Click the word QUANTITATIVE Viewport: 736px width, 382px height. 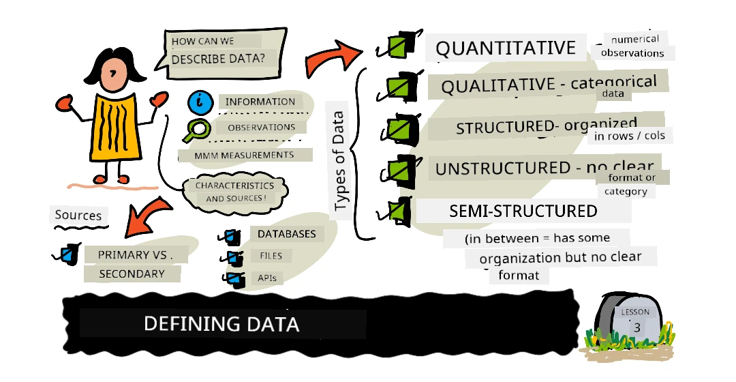click(506, 48)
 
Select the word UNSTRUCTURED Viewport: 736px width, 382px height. click(503, 168)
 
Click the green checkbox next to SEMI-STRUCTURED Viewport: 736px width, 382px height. click(397, 210)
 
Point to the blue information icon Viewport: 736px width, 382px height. click(201, 102)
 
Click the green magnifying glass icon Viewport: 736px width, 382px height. click(196, 130)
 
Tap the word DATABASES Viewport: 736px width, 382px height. click(287, 234)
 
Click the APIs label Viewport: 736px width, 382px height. click(267, 278)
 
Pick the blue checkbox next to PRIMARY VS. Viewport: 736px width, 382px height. click(69, 254)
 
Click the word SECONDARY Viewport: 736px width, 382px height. click(132, 274)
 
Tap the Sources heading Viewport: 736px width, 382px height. click(78, 215)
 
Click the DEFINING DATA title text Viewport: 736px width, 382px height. click(221, 324)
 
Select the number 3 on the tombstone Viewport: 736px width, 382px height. click(637, 327)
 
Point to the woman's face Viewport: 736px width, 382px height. click(112, 76)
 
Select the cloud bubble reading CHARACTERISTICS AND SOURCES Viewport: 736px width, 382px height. click(234, 192)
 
